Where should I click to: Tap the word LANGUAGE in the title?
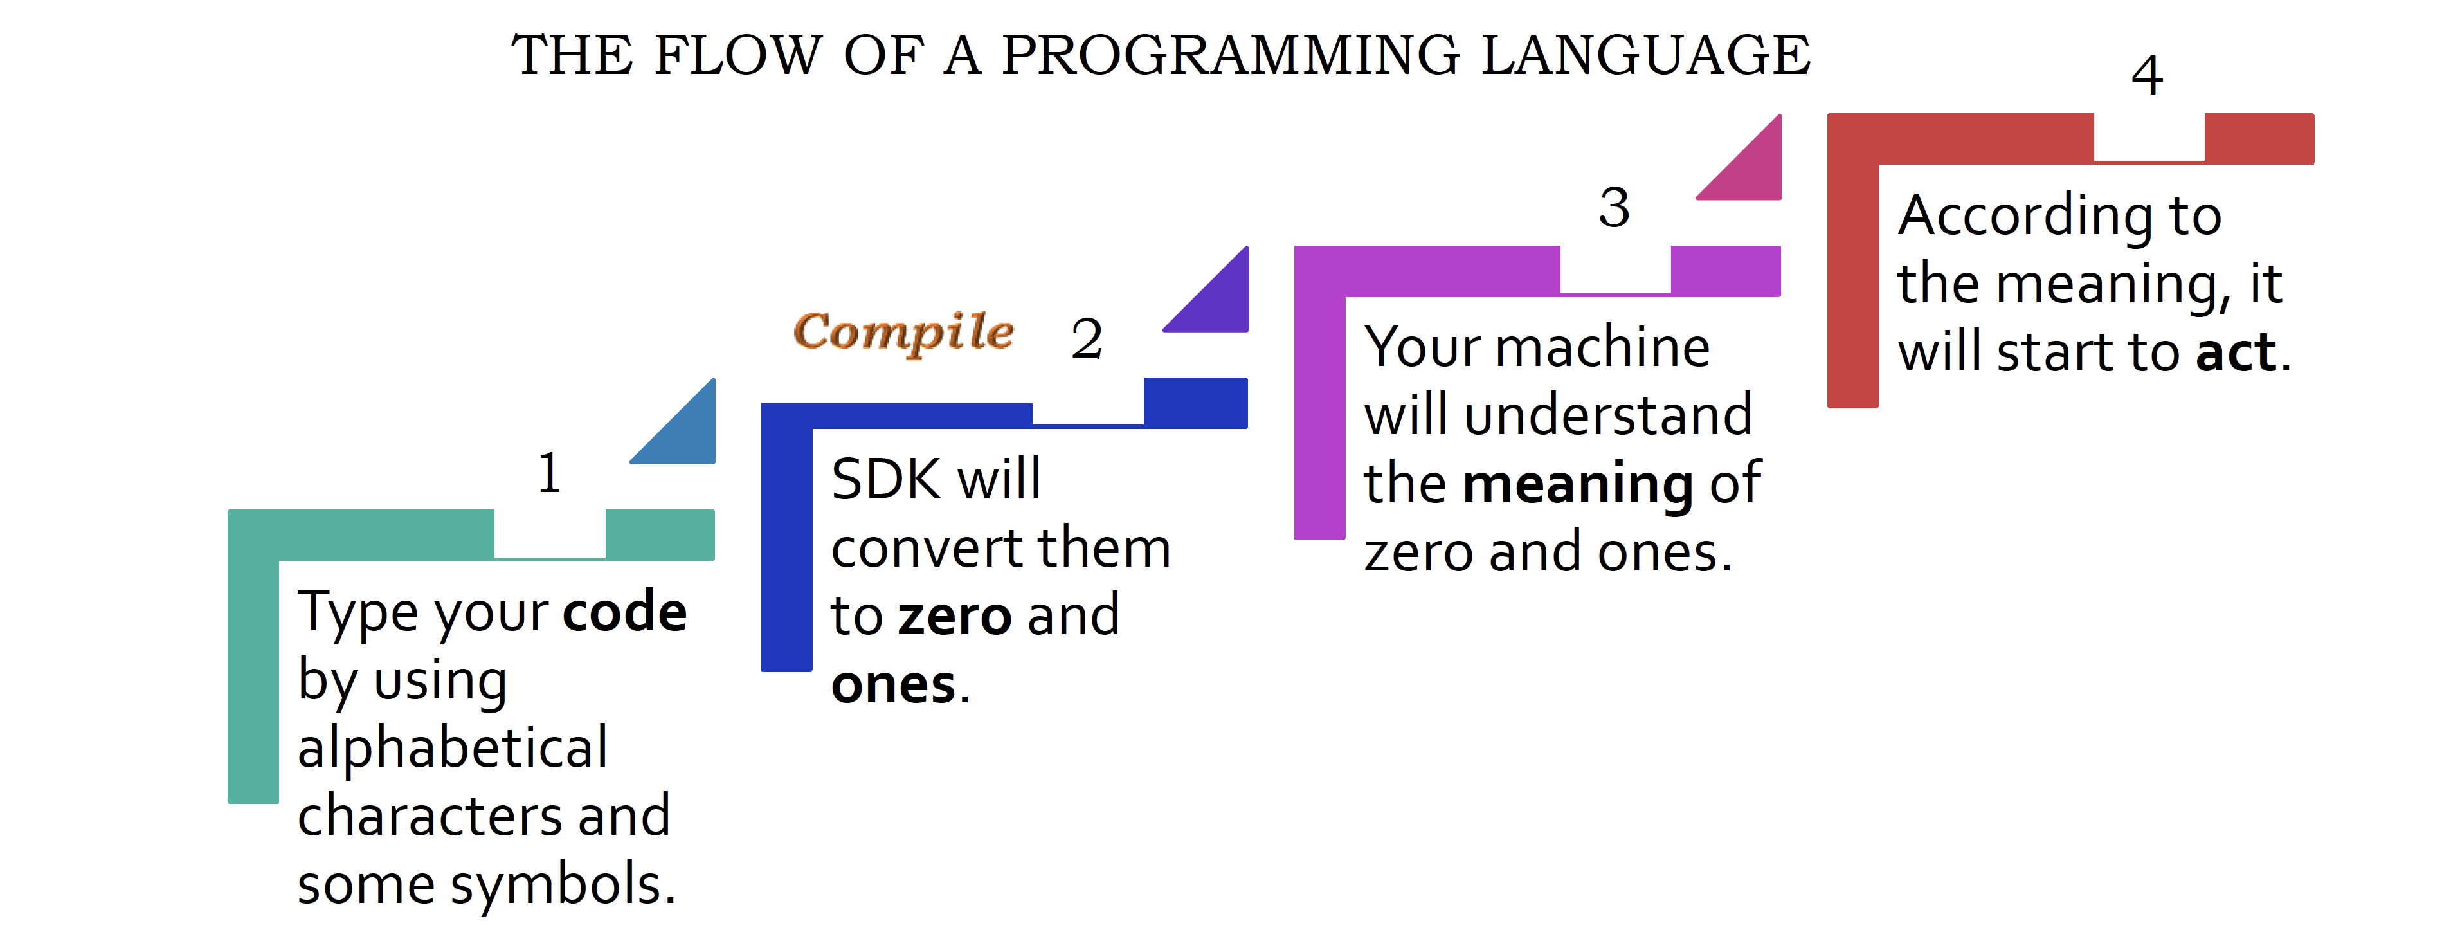point(1646,54)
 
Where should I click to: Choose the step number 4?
point(2147,75)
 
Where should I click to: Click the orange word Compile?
point(903,333)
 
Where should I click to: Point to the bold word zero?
point(955,616)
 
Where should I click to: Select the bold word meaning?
point(1578,484)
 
